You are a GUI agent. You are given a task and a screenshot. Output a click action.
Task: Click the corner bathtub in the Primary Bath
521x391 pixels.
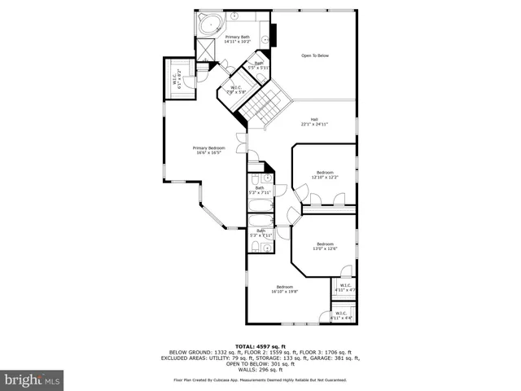click(210, 24)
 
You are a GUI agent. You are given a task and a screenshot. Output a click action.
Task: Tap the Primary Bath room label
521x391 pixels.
click(237, 39)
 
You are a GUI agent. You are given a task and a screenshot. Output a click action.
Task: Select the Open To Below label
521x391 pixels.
click(315, 55)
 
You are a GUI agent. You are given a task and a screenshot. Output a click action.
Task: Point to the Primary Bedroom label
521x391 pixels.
click(208, 150)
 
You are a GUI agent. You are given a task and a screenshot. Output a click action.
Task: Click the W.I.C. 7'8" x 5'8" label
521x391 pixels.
click(236, 90)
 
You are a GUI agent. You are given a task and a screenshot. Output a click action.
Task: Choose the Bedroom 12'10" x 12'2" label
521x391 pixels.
click(325, 174)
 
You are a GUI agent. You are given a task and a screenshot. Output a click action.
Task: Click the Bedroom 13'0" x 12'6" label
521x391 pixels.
click(325, 246)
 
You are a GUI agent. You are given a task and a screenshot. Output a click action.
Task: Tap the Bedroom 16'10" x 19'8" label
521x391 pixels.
click(284, 288)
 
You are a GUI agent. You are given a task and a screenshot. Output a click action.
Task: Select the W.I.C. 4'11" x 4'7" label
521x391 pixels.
click(344, 288)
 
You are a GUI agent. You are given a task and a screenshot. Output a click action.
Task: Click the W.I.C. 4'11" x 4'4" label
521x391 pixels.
click(342, 315)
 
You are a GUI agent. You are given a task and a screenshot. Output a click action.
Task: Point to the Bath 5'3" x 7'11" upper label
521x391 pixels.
click(260, 191)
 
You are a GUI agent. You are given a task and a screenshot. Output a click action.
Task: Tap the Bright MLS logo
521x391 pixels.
click(33, 379)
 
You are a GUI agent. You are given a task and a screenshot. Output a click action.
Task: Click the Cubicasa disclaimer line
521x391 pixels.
click(260, 380)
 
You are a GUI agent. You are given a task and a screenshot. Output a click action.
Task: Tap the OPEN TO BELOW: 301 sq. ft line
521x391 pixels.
click(260, 363)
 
